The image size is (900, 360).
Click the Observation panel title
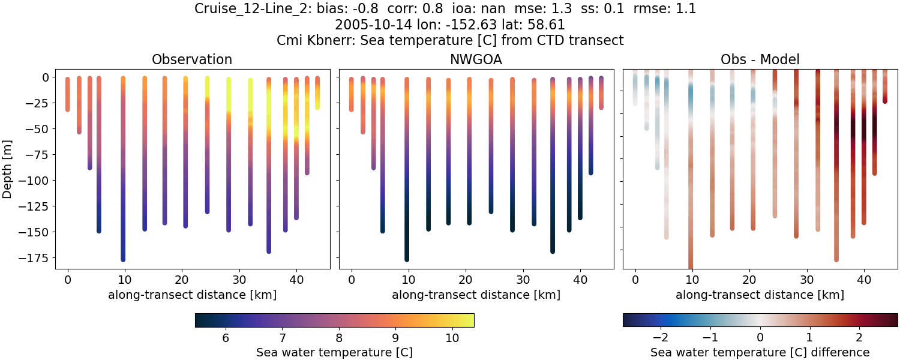192,59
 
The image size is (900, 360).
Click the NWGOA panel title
476,59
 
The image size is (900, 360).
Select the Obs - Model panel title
760,59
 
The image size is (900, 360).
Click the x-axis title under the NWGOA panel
476,295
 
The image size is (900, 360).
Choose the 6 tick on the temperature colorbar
226,338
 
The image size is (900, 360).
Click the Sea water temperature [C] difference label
760,352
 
